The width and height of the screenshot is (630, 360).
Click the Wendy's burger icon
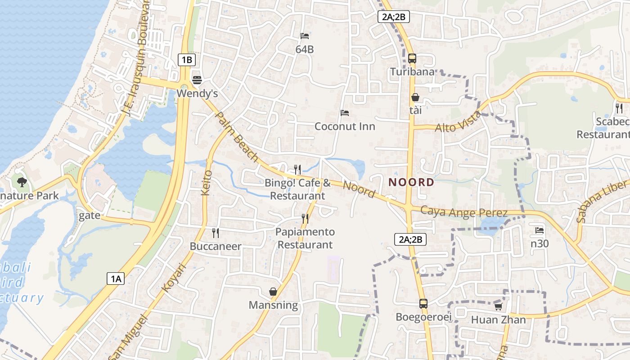(x=197, y=80)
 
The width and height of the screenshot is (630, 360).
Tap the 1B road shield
(x=186, y=59)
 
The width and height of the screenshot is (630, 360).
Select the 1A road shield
(x=116, y=279)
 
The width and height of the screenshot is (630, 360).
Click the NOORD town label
(x=411, y=182)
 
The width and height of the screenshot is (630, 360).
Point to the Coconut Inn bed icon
(x=345, y=113)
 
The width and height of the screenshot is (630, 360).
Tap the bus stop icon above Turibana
(x=412, y=58)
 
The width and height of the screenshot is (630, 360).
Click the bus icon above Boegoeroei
(x=423, y=304)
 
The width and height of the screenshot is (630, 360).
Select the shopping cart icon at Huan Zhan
(x=498, y=306)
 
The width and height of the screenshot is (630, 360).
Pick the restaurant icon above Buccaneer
(x=216, y=233)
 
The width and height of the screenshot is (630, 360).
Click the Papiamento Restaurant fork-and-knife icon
(x=305, y=219)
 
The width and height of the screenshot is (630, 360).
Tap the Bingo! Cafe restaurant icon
(x=297, y=170)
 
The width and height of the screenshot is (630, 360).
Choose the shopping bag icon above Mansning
(x=273, y=292)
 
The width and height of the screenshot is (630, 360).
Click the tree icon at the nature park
(x=22, y=182)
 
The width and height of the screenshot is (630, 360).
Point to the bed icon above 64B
(x=305, y=36)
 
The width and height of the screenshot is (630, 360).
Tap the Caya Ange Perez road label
(x=464, y=212)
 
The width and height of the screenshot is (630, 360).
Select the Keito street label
(x=207, y=182)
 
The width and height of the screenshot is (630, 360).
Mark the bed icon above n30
(x=540, y=230)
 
